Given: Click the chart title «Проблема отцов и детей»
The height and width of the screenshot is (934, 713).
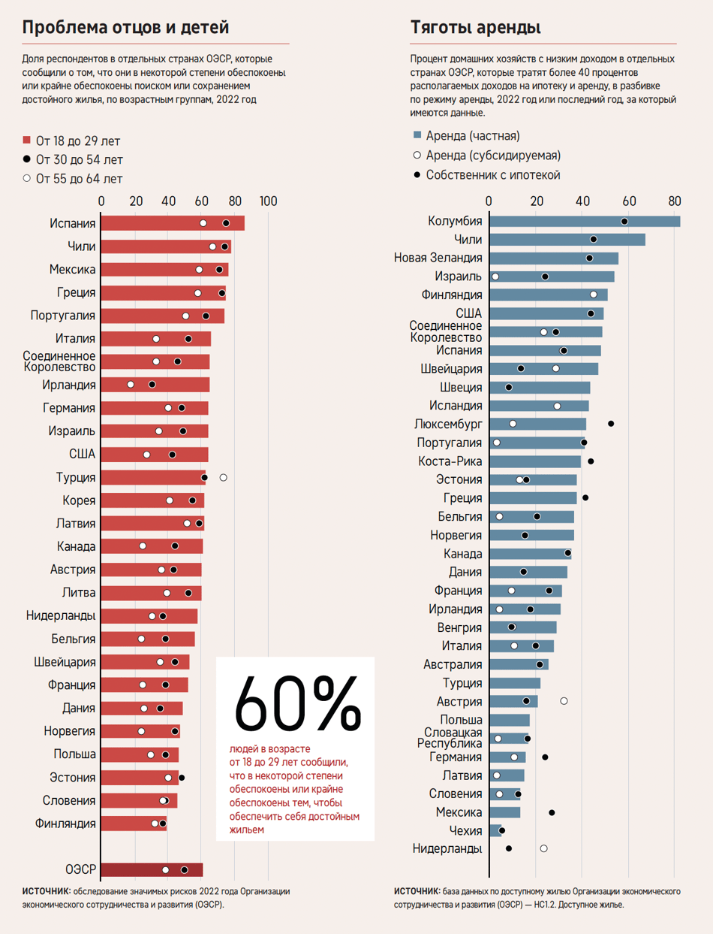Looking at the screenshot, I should coord(125,29).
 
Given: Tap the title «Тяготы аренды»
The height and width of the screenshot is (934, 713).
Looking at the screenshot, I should coord(476,29).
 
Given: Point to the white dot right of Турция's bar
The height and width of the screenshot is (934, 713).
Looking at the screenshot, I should coord(223,477).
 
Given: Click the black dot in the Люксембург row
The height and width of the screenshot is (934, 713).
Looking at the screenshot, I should coord(611,424).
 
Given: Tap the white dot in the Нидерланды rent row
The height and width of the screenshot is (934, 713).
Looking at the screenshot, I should coord(543,848).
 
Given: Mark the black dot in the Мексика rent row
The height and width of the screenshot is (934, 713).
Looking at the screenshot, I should coord(552,812).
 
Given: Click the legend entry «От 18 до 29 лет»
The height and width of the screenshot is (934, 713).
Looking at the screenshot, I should coord(77,141).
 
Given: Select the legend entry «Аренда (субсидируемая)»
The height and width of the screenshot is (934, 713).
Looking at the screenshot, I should coord(493,156).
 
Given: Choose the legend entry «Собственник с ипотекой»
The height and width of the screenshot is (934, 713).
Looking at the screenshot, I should coord(493,175).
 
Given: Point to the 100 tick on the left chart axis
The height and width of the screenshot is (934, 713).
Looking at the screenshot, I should coord(268,201).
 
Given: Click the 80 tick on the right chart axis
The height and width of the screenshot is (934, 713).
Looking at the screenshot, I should coord(674,201).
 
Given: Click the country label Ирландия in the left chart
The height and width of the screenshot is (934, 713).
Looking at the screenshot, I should coord(69,385).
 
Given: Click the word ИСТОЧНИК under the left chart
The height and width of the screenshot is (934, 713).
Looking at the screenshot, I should coord(46,891).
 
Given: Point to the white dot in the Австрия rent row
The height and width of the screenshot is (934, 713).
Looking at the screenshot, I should coord(564,701).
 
